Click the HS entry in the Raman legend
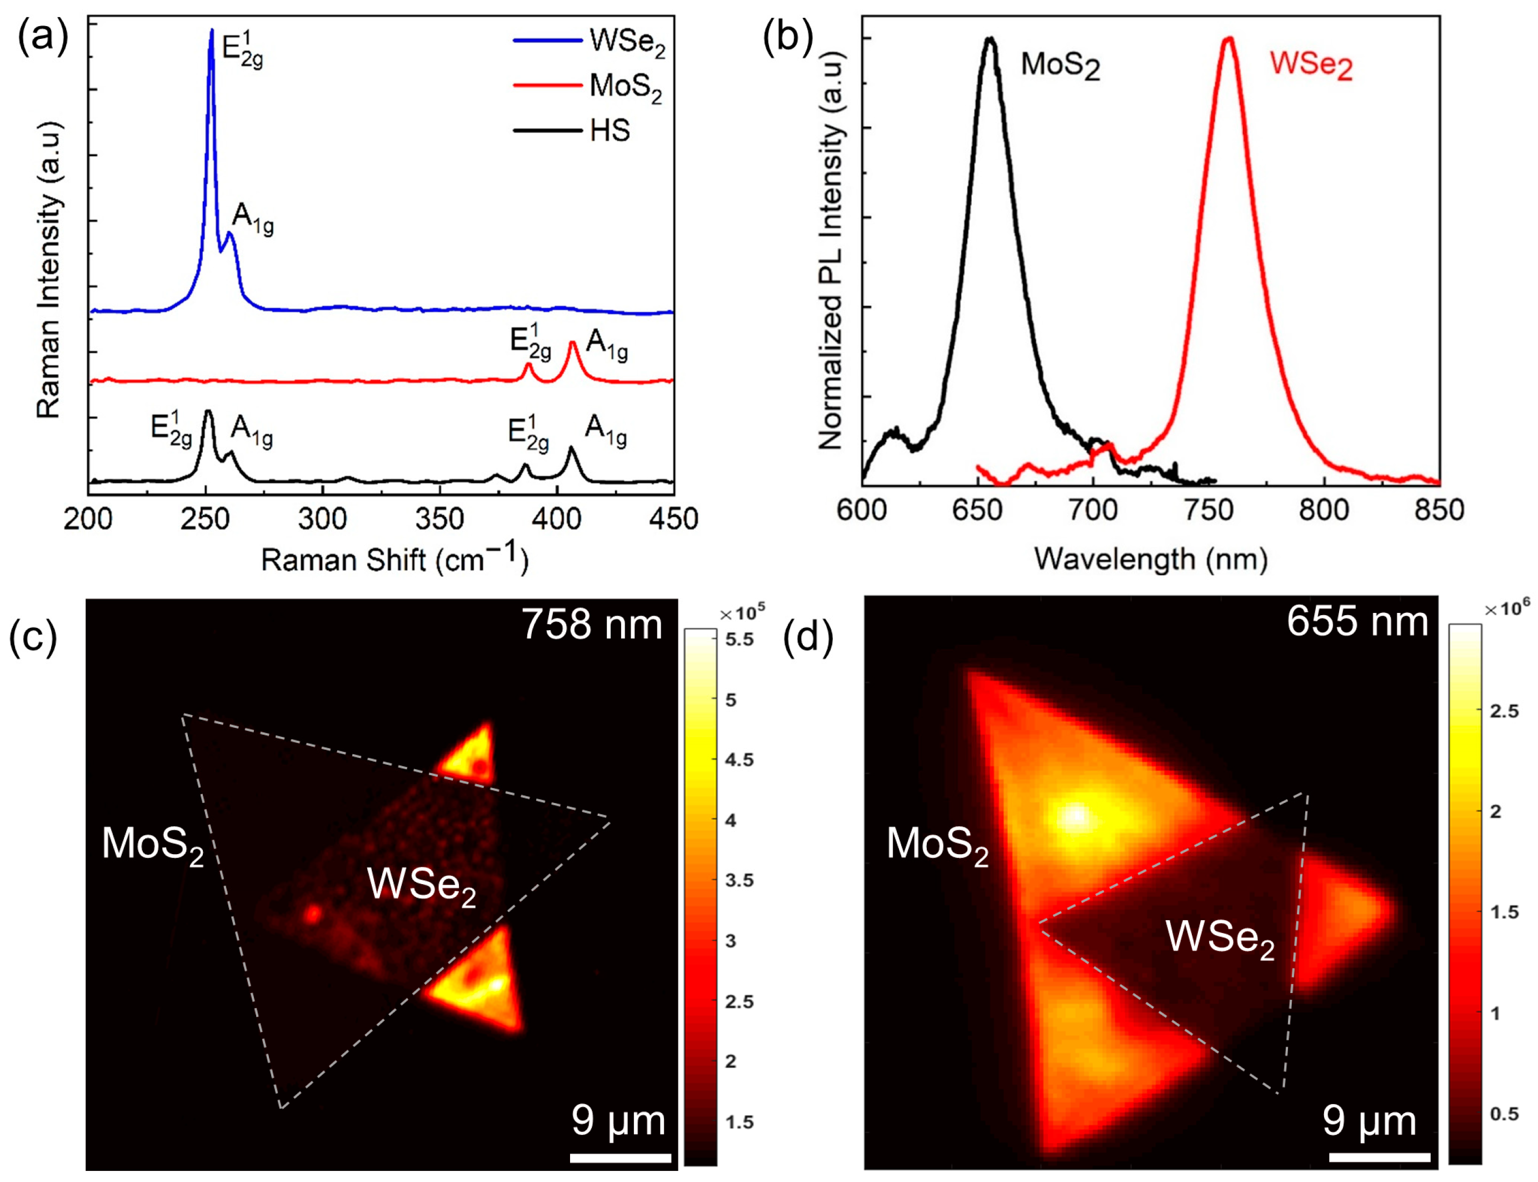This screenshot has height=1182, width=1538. [x=610, y=131]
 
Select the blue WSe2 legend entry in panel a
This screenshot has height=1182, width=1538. [x=627, y=42]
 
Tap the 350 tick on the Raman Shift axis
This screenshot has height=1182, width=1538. [x=439, y=519]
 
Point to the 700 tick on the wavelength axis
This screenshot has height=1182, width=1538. [x=1092, y=510]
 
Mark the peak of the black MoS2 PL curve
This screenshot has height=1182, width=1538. [x=990, y=39]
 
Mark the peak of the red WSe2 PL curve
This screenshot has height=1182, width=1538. [x=1229, y=39]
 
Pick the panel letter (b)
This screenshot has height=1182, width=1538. [x=787, y=37]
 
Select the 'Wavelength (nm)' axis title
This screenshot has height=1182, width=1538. [x=1150, y=560]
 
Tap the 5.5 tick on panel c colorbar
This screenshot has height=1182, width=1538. [x=739, y=640]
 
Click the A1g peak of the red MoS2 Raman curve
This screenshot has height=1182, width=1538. [x=573, y=343]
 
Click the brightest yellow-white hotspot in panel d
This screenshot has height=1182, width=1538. [x=1075, y=816]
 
